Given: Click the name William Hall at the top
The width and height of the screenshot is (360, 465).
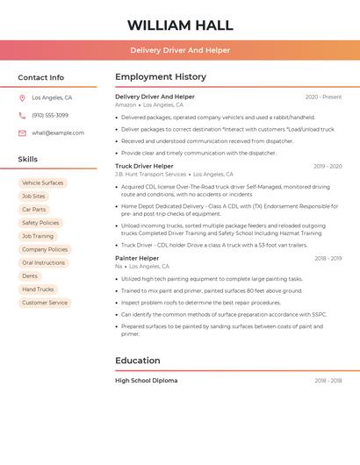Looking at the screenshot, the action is click(x=180, y=25).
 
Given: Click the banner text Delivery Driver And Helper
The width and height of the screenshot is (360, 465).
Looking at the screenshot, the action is click(x=180, y=50).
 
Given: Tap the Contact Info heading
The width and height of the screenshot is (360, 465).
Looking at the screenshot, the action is click(x=41, y=77).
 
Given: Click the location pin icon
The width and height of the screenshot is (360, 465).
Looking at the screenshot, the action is click(x=22, y=98).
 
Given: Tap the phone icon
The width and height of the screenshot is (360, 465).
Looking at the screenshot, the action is click(x=22, y=116).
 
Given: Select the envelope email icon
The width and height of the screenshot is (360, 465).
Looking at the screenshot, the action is click(x=22, y=133).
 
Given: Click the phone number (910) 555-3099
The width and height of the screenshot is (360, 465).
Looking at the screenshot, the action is click(x=50, y=116).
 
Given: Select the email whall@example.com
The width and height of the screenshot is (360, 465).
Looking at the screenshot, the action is click(x=58, y=133).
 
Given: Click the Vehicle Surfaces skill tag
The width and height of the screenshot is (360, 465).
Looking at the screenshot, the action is click(x=42, y=183).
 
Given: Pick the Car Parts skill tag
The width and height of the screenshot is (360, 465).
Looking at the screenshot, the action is click(x=33, y=210).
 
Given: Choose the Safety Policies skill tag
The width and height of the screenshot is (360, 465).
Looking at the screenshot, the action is click(x=40, y=223).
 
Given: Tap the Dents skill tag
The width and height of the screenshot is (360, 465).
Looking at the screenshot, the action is click(x=30, y=276).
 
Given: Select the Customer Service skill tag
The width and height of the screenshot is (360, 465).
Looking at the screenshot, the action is click(x=45, y=303).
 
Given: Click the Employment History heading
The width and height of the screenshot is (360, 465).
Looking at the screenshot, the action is click(x=161, y=77).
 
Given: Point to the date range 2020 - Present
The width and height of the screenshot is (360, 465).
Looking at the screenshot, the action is click(x=323, y=97).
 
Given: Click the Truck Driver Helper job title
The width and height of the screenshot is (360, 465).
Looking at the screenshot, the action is click(x=144, y=166).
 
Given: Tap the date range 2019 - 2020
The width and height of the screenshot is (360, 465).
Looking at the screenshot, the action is click(x=328, y=166).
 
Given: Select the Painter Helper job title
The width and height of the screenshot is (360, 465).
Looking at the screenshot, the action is click(x=137, y=259).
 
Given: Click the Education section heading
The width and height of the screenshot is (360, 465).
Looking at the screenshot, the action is click(x=138, y=361).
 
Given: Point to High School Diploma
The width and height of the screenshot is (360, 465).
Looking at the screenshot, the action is click(x=146, y=381).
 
